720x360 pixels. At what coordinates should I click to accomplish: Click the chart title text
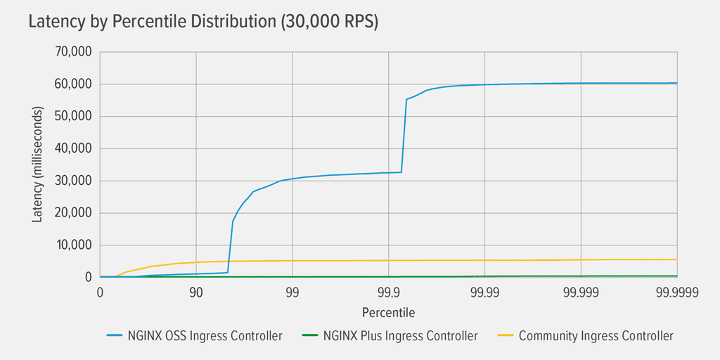tap(203, 22)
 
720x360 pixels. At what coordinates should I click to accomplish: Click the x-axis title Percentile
tap(388, 311)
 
